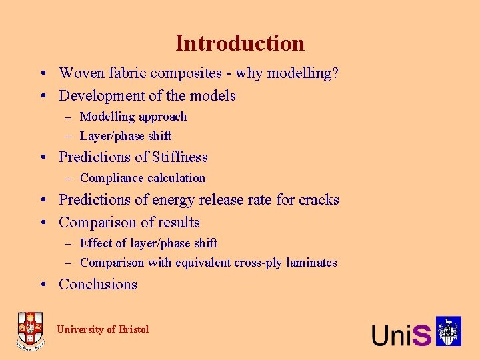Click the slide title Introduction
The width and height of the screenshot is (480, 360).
(x=240, y=43)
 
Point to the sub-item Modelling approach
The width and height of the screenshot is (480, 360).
(x=133, y=117)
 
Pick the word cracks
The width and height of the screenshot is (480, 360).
(x=319, y=200)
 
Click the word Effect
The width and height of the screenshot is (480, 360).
(x=96, y=243)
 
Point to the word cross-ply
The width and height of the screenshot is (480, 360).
(x=262, y=263)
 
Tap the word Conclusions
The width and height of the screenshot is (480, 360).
(x=98, y=285)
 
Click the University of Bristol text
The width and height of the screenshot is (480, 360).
(x=103, y=329)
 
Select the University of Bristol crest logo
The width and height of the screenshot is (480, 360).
(x=30, y=331)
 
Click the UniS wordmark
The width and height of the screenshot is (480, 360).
(x=401, y=334)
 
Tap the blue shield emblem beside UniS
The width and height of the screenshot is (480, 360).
(x=449, y=331)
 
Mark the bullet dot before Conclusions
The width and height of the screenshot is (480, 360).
(x=42, y=285)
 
